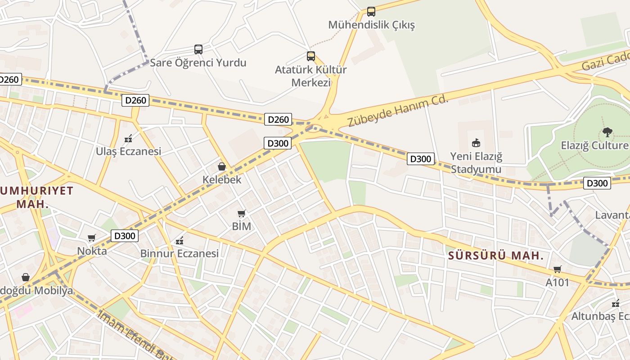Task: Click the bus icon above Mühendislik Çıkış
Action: tap(371, 11)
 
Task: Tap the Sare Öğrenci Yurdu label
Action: tap(198, 63)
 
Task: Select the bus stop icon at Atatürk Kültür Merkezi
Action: tap(310, 56)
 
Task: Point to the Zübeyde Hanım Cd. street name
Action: tap(398, 111)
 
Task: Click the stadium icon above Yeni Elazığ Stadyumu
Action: tap(476, 143)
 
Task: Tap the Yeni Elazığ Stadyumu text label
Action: tap(476, 163)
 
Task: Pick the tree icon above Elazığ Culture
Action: tap(607, 132)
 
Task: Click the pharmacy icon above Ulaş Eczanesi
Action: tap(128, 138)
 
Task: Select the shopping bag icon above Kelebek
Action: tap(221, 166)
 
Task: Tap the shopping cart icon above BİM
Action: tap(242, 213)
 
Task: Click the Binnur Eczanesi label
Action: tap(179, 253)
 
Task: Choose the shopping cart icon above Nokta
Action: tap(92, 238)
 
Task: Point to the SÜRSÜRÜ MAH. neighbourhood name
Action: tap(496, 256)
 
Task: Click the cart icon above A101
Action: tap(557, 269)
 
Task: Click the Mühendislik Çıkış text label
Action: tap(371, 25)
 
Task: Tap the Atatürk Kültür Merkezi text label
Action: tap(310, 76)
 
